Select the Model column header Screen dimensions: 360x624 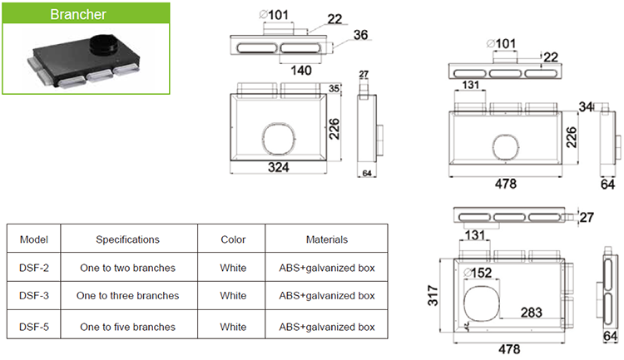tap(33, 239)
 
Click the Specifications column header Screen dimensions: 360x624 tap(127, 239)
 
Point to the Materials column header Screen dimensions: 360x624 tap(325, 239)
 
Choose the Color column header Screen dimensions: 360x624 tap(233, 239)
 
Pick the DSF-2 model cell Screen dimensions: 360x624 tap(33, 269)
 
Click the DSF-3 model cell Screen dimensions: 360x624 tap(33, 295)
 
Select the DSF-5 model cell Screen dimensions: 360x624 tap(33, 327)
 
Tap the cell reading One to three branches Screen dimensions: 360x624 tap(127, 295)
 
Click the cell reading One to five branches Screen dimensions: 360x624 tap(127, 327)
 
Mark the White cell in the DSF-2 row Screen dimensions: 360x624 tap(233, 269)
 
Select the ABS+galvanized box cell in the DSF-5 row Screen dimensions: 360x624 tap(325, 327)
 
